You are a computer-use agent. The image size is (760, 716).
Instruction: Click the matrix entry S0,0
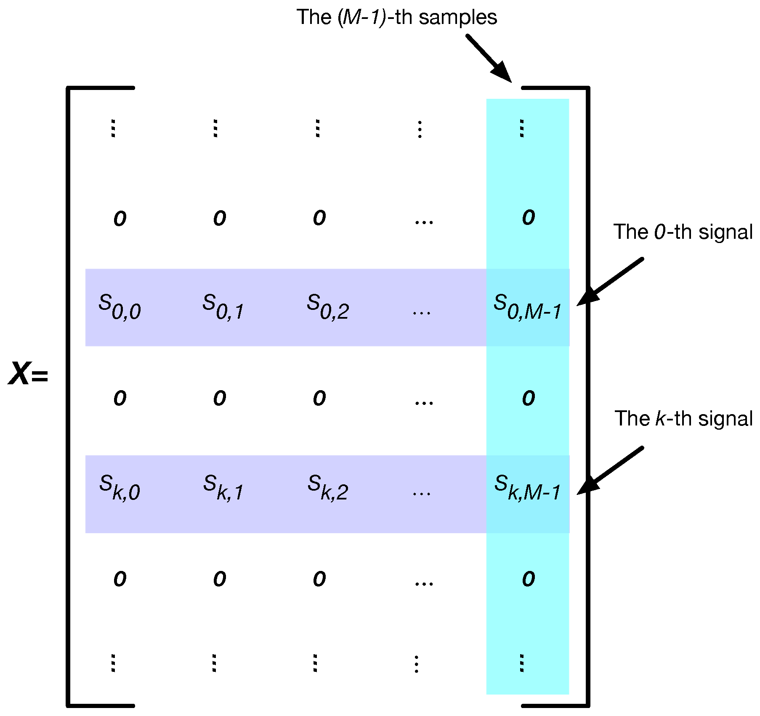coord(120,307)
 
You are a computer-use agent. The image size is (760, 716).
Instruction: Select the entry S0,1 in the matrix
coord(223,307)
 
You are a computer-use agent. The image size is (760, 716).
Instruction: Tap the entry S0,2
coord(328,307)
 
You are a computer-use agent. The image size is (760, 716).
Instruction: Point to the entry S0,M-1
coord(527,307)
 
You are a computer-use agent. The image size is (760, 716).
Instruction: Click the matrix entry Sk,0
coord(120,488)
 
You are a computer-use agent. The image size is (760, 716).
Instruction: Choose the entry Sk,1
coord(223,488)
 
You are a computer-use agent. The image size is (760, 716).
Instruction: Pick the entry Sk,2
coord(328,488)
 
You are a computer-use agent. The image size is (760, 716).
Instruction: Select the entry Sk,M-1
coord(527,488)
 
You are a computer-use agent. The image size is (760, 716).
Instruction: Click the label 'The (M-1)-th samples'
coord(396,18)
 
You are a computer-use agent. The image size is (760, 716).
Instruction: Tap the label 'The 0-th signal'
coord(683,232)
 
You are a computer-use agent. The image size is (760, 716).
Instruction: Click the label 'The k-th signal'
coord(683,419)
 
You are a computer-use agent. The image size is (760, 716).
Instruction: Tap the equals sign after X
coord(40,375)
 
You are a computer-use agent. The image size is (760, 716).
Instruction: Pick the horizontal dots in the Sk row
coord(422,494)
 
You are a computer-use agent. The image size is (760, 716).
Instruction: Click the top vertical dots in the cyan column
coord(522,128)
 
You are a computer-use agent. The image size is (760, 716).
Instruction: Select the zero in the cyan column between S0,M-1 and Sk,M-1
coord(529,398)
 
